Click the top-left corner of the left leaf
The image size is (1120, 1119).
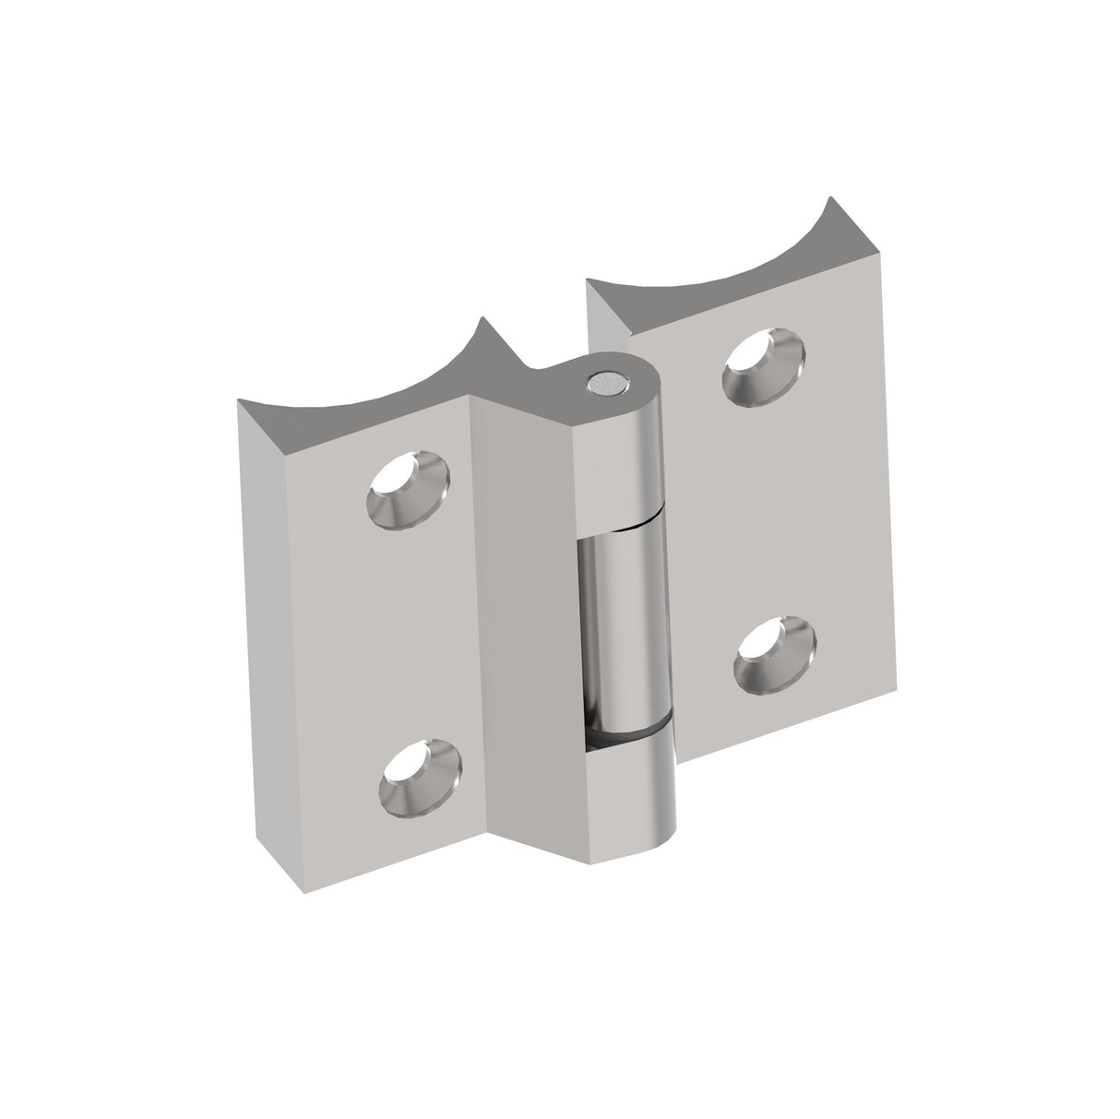click(x=240, y=401)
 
